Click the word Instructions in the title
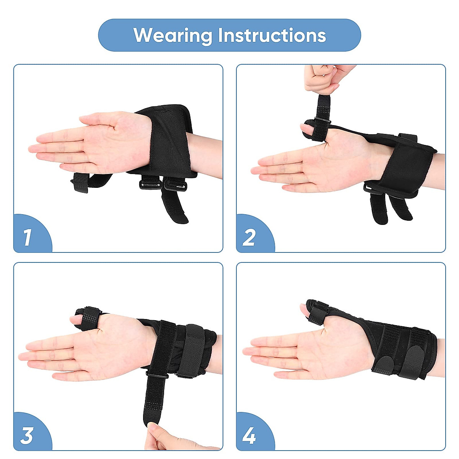(x=272, y=36)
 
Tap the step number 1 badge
(x=28, y=237)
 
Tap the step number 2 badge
(x=249, y=237)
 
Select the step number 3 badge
(x=27, y=435)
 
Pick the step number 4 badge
(x=249, y=435)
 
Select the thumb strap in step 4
(x=317, y=312)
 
